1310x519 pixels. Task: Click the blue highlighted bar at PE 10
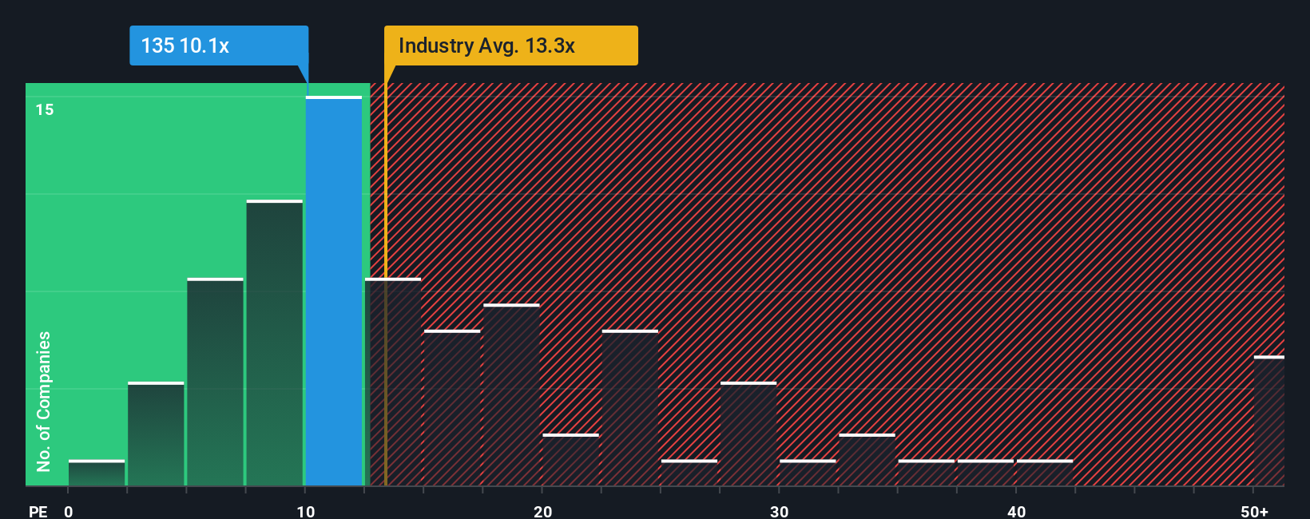click(334, 291)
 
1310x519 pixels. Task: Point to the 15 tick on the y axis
click(45, 109)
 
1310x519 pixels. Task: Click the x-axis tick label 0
click(69, 511)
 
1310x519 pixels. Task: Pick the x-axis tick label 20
click(542, 511)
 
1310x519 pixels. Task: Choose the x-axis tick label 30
click(779, 511)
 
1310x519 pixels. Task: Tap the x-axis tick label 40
click(1016, 511)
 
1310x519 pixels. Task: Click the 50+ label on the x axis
click(1254, 511)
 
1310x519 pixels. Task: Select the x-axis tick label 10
click(306, 511)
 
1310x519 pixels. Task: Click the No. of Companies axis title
click(44, 401)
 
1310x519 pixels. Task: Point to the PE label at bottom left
click(38, 511)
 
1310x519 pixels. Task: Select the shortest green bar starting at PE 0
click(97, 473)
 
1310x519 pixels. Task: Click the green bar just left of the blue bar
click(275, 343)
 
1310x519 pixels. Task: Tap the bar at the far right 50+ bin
click(1268, 421)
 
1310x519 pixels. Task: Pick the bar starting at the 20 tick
click(570, 460)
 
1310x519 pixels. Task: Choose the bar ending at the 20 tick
click(511, 395)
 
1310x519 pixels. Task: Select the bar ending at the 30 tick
click(748, 434)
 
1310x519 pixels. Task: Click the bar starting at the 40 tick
click(1045, 473)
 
